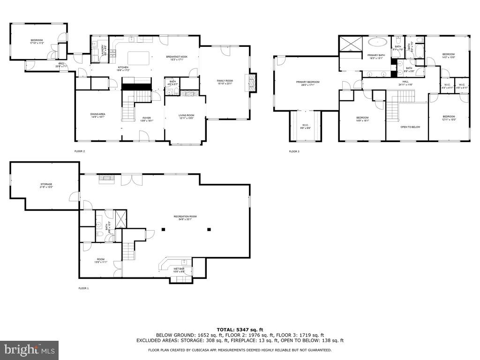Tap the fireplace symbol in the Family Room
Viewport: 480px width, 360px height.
(x=252, y=82)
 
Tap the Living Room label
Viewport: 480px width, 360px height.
(x=186, y=117)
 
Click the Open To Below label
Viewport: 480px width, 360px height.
(x=407, y=127)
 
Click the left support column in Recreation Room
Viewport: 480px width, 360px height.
(x=164, y=229)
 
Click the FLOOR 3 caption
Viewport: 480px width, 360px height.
(x=294, y=151)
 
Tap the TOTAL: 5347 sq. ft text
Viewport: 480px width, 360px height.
(x=240, y=330)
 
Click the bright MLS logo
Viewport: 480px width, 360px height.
(x=30, y=350)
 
